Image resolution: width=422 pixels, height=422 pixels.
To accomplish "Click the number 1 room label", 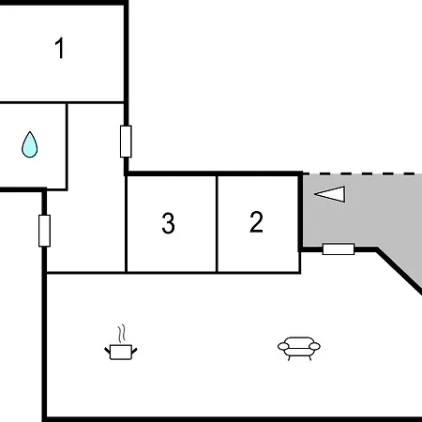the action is [60, 48].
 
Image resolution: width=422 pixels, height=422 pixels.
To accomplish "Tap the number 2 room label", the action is [256, 221].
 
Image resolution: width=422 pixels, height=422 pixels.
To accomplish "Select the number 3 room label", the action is [168, 223].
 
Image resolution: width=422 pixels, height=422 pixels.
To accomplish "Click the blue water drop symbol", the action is [30, 144].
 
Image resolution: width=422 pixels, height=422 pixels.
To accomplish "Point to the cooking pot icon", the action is [121, 352].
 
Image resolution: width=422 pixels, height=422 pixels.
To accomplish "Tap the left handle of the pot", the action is [107, 351].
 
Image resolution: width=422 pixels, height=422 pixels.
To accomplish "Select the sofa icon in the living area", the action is [299, 348].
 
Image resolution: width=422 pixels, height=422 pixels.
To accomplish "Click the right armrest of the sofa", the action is [315, 346].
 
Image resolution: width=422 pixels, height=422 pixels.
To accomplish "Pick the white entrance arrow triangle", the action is [330, 194].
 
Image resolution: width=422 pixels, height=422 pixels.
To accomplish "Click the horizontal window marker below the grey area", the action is [339, 249].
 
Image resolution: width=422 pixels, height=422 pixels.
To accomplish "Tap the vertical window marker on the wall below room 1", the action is [126, 142].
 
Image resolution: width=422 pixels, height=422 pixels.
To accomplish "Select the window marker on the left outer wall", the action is [44, 231].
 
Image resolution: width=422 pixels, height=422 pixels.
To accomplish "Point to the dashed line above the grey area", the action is [362, 173].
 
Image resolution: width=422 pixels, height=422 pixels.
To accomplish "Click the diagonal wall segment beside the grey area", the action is [399, 271].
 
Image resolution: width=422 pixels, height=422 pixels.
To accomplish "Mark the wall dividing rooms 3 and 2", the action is [217, 224].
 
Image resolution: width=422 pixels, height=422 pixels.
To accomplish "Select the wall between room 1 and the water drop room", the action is [62, 102].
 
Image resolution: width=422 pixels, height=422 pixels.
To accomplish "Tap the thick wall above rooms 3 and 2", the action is [214, 173].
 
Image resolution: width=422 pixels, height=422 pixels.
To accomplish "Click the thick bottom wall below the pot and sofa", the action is [232, 419].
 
